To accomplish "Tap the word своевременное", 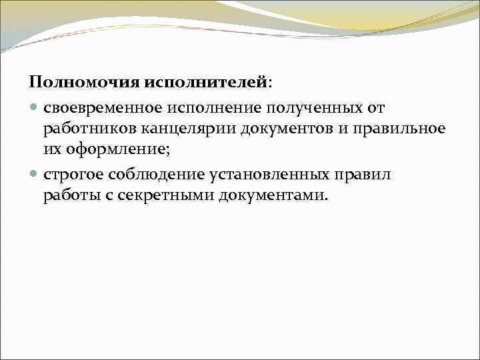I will tap(106, 107).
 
